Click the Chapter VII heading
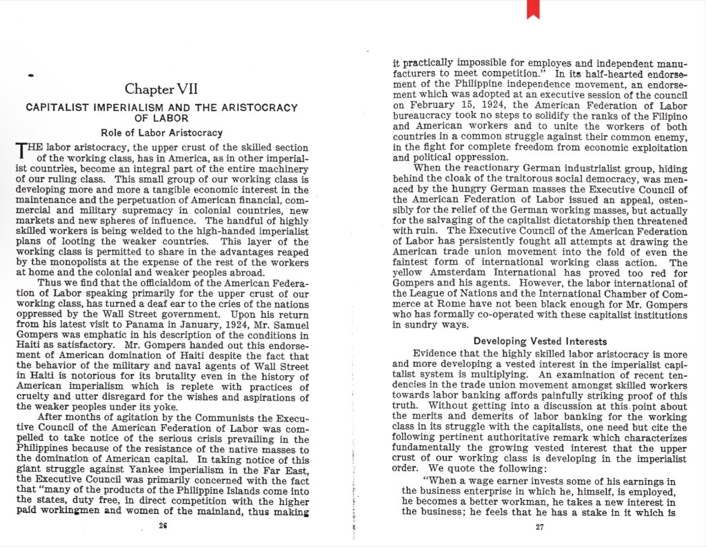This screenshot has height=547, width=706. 161,89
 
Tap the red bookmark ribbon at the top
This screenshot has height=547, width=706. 533,9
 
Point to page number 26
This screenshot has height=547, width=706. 163,526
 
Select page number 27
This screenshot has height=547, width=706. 540,527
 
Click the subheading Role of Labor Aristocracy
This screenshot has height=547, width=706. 161,132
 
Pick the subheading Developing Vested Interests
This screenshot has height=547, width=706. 540,341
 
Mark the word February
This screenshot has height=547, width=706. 423,106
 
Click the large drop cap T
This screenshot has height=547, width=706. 23,151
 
